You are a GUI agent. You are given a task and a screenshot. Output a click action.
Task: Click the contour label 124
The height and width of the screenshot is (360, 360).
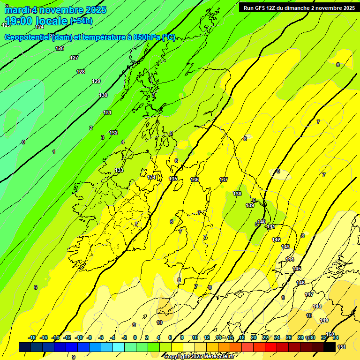point(39,27)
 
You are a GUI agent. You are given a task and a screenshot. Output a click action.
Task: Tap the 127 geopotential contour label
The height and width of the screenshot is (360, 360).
point(74,58)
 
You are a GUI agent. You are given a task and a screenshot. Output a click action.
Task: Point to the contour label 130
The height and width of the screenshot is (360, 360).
point(103,95)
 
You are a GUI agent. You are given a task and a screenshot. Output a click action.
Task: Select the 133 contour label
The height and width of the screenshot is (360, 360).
point(119,170)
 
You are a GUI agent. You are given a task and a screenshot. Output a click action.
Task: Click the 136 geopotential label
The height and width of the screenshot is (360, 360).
point(195,180)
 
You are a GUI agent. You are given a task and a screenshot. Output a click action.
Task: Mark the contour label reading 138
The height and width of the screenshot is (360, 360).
point(237,194)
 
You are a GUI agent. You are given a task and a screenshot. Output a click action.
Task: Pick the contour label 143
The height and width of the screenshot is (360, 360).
point(285,247)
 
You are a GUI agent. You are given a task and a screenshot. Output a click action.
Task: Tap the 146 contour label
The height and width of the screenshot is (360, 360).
point(300,283)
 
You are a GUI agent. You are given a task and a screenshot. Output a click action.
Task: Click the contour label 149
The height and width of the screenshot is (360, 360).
point(324,320)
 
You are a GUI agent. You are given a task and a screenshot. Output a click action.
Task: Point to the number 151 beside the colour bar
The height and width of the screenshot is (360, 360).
point(342,347)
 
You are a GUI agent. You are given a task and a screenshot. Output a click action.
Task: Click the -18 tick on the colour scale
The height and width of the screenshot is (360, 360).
point(32,337)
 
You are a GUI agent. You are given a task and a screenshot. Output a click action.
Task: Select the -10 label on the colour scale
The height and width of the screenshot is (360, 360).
point(79,337)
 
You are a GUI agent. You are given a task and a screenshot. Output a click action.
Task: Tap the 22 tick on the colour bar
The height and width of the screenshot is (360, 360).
point(265,337)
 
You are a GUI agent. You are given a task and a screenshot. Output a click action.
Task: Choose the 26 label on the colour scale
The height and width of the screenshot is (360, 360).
point(289,337)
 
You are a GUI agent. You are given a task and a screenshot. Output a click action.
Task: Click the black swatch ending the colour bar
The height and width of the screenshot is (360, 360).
point(330,347)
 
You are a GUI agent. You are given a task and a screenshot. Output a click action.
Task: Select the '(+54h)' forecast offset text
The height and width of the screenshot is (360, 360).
point(81,21)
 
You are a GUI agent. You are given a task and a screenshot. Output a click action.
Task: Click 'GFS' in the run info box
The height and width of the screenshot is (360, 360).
point(262,8)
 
